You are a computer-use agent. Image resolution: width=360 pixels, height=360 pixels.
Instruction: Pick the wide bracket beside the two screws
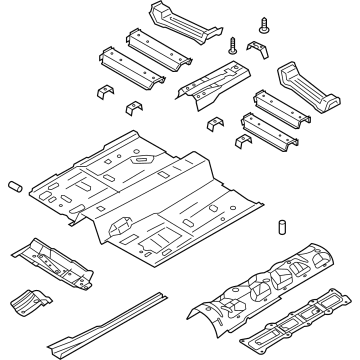click(258, 50)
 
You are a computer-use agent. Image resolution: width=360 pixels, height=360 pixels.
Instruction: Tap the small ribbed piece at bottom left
click(31, 299)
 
